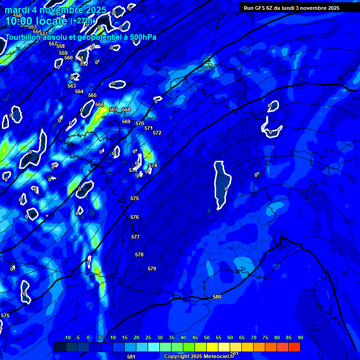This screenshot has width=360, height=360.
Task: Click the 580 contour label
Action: [x=217, y=297]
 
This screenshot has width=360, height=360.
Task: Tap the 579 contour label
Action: [x=152, y=269]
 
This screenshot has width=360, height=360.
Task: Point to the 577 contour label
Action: [x=135, y=237]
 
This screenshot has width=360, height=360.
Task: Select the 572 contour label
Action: [x=157, y=133]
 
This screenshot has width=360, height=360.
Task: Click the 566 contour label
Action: [x=99, y=105]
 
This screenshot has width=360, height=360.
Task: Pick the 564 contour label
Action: [x=79, y=91]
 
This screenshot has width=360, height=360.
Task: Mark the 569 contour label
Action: [x=126, y=121]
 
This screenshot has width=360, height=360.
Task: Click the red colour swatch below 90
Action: [x=294, y=347]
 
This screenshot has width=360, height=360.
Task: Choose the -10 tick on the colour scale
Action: [x=67, y=338]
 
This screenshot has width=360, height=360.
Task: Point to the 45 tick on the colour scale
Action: [x=195, y=338]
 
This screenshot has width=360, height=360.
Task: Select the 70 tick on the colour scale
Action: [x=254, y=338]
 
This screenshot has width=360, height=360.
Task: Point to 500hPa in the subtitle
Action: [x=142, y=37]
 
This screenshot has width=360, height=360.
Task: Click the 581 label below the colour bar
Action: [x=131, y=356]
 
